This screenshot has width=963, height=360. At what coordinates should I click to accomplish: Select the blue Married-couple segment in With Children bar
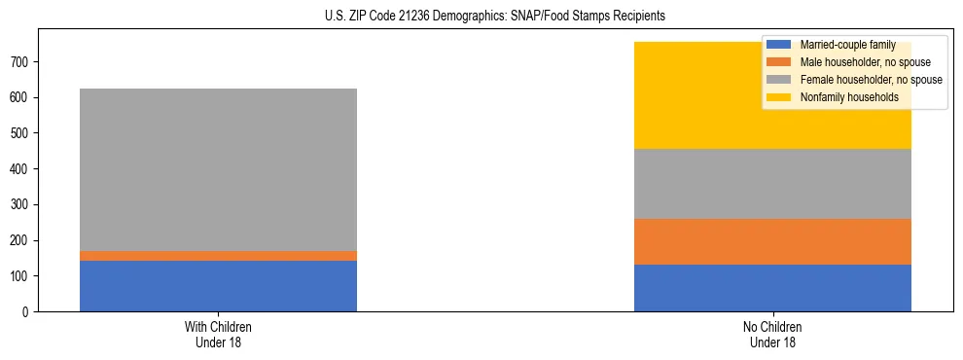tap(218, 286)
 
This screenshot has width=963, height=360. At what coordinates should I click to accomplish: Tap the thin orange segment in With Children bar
tap(218, 256)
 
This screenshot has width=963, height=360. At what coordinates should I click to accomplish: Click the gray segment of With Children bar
tap(218, 169)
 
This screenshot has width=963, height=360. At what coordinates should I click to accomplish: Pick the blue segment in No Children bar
tap(772, 288)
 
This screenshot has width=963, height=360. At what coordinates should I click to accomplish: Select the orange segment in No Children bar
tap(772, 241)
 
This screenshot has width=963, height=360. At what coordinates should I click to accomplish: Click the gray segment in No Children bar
tap(772, 184)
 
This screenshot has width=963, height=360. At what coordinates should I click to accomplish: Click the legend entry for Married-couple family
tap(839, 45)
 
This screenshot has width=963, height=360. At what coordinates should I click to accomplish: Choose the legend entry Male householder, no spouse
tap(855, 62)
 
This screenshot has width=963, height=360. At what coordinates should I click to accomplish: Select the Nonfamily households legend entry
tap(841, 97)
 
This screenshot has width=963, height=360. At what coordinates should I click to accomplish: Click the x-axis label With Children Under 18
tap(218, 334)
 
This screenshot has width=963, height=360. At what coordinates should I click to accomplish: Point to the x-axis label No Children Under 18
tap(772, 334)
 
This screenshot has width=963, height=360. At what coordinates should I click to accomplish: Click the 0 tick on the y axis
tap(27, 312)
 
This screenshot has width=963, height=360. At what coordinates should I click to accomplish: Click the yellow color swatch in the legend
tap(779, 97)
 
